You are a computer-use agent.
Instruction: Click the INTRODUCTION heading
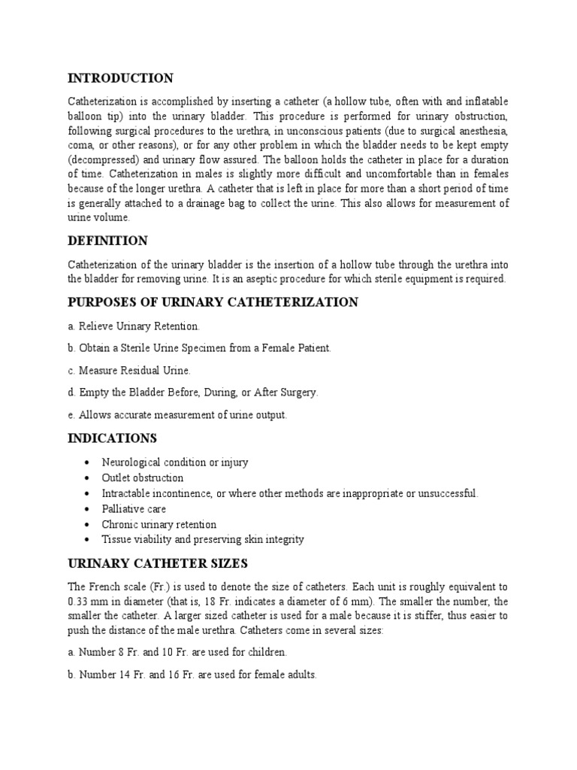pyautogui.click(x=120, y=78)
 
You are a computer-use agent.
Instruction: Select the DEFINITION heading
pyautogui.click(x=107, y=241)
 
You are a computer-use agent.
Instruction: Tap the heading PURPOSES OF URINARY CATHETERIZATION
pyautogui.click(x=213, y=302)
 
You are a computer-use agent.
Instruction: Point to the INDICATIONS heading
pyautogui.click(x=113, y=438)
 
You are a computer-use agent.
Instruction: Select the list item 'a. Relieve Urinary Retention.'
pyautogui.click(x=134, y=326)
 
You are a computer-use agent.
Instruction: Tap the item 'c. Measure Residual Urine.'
pyautogui.click(x=129, y=370)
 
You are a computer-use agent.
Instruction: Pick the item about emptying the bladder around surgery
pyautogui.click(x=193, y=393)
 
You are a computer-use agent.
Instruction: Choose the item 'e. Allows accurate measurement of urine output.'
pyautogui.click(x=177, y=414)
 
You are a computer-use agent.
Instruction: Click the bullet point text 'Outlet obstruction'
pyautogui.click(x=143, y=477)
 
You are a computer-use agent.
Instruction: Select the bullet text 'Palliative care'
pyautogui.click(x=134, y=509)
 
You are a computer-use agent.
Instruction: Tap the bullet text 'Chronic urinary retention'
pyautogui.click(x=159, y=524)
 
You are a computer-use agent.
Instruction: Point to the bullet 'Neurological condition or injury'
pyautogui.click(x=174, y=462)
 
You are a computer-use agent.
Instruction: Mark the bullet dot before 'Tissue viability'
pyautogui.click(x=90, y=540)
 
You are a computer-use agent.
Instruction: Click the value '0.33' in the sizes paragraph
pyautogui.click(x=79, y=602)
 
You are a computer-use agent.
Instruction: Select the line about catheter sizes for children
pyautogui.click(x=177, y=652)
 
